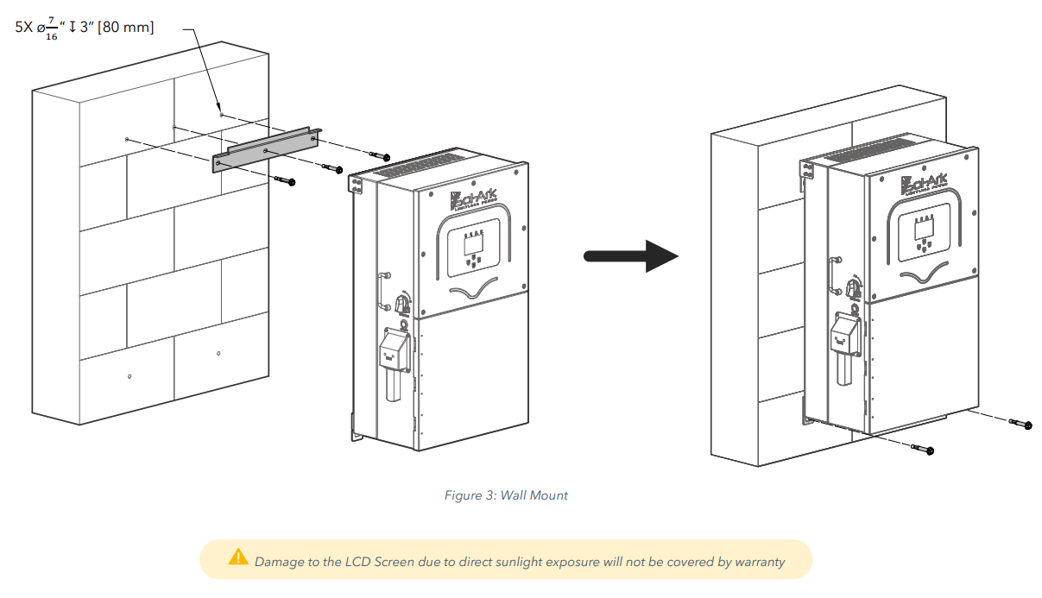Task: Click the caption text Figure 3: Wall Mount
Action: [x=506, y=495]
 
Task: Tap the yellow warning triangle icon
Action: [x=238, y=557]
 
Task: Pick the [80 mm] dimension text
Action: [x=129, y=28]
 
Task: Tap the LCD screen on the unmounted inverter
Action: [x=474, y=242]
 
